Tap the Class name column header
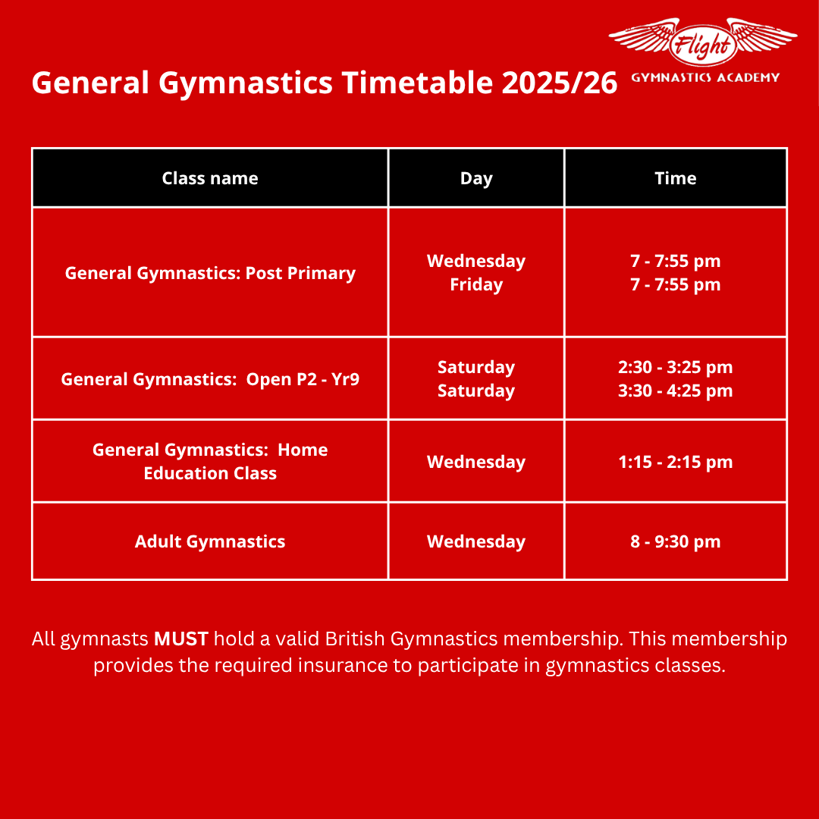click(210, 178)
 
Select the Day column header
click(476, 179)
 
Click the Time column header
click(676, 178)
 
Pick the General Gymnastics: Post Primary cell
click(210, 273)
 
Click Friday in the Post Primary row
click(476, 285)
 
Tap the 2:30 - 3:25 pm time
click(676, 367)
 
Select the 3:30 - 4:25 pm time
click(676, 391)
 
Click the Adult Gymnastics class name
click(210, 541)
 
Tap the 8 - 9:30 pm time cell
click(676, 541)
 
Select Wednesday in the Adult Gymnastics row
click(476, 541)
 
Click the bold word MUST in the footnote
click(181, 639)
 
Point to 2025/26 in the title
click(560, 83)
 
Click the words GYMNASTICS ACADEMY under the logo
click(706, 78)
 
